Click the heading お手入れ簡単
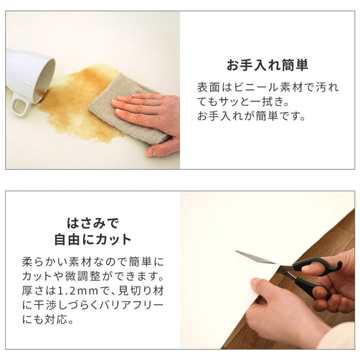click(x=267, y=65)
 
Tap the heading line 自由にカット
click(x=92, y=239)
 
